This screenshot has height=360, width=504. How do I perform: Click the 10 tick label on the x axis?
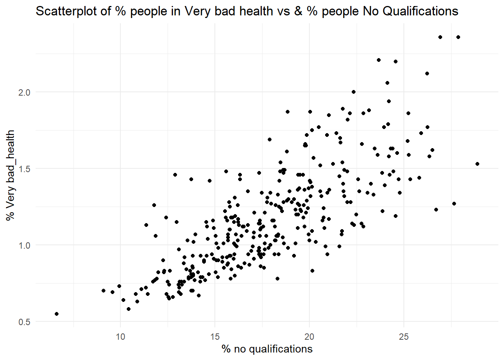(x=120, y=336)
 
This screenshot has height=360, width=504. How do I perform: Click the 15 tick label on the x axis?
(x=215, y=336)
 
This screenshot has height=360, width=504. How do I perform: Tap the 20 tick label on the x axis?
(x=309, y=336)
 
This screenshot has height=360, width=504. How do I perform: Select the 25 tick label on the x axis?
(x=404, y=336)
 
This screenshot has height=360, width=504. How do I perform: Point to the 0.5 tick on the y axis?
(x=24, y=322)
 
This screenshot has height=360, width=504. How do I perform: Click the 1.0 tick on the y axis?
(x=24, y=245)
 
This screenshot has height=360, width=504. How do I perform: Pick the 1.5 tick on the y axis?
(x=24, y=169)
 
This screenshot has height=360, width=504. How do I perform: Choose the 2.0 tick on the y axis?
(x=24, y=92)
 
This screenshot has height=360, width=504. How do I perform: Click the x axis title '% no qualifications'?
(x=267, y=349)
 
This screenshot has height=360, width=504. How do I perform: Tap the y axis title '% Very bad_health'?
(x=10, y=175)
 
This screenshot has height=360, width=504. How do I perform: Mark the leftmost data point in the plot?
(x=57, y=314)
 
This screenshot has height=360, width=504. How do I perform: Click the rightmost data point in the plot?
(x=477, y=164)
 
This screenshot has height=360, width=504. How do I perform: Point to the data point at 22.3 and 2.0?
(x=354, y=92)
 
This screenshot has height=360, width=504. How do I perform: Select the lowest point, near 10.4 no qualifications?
(x=129, y=309)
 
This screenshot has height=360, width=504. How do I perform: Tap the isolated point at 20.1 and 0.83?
(x=312, y=271)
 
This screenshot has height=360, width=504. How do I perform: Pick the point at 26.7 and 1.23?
(x=436, y=210)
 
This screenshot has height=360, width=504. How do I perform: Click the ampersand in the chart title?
(x=298, y=11)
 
